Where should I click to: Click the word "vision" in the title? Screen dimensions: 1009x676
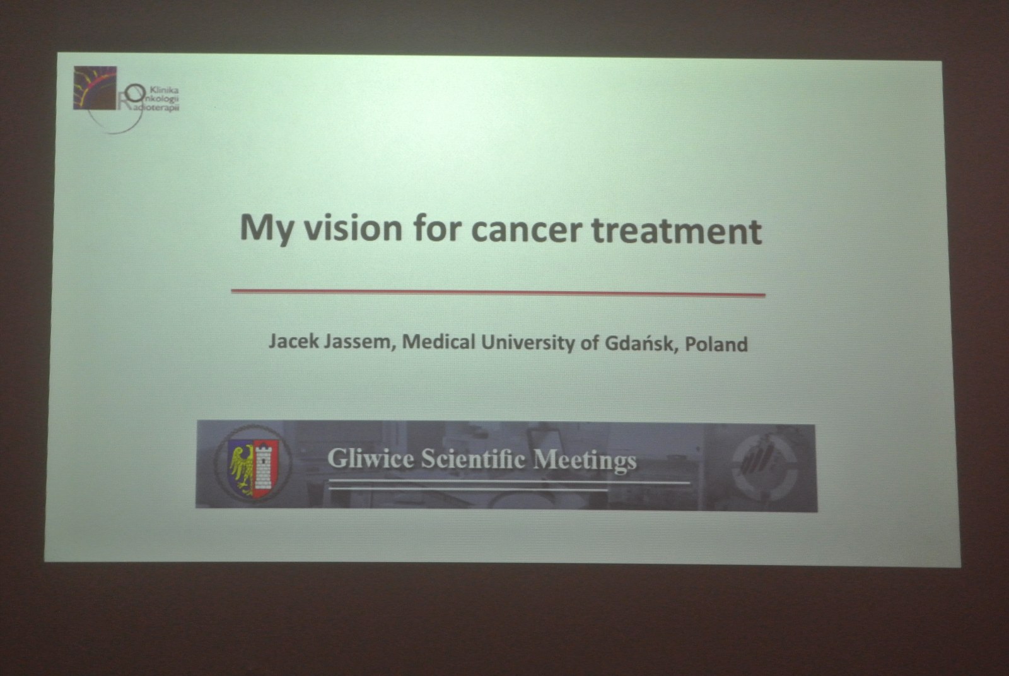[353, 228]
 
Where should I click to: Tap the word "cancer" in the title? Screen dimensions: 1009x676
[527, 230]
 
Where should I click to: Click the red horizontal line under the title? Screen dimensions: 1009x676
[498, 293]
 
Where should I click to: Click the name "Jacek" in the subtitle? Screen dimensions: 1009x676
[294, 341]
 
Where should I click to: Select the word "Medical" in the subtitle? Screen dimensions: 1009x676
[439, 342]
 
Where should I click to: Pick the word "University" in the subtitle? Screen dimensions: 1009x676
[528, 343]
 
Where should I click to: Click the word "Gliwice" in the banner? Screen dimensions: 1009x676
[371, 458]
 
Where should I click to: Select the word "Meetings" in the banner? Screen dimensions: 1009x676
[585, 461]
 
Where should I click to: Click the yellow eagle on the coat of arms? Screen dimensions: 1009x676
[242, 468]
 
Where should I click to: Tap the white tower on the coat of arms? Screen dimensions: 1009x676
[264, 466]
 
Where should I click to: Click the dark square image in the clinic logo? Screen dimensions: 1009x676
[95, 88]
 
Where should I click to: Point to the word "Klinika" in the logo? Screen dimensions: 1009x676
[164, 90]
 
